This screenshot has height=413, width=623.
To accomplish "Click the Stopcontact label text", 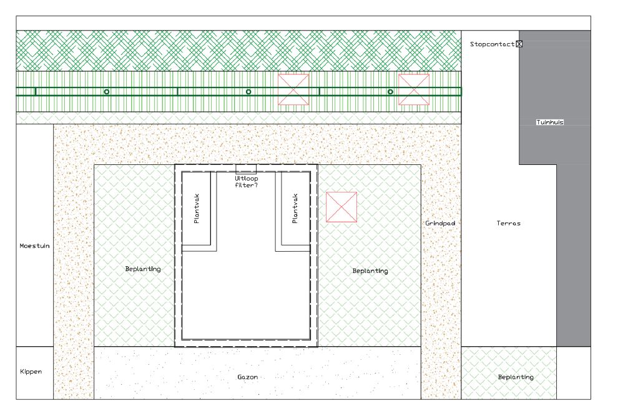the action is click(492, 44).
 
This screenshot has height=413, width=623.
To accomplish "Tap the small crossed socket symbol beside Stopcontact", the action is click(519, 44).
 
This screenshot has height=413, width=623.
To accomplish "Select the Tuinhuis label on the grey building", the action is click(550, 122).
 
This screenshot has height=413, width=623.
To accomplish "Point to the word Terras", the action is click(508, 224).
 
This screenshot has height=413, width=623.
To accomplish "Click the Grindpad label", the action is click(440, 224).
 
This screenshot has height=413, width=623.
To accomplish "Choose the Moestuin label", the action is click(34, 246).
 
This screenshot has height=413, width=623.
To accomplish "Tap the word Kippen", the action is click(31, 372).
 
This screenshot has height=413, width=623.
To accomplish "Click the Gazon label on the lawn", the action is click(248, 377).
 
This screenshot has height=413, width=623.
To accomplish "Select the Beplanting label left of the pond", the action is click(143, 269).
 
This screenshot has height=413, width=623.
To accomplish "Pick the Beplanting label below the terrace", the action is click(516, 377).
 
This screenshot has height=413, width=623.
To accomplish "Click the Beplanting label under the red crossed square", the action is click(370, 271).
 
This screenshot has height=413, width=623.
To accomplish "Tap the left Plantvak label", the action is click(196, 209).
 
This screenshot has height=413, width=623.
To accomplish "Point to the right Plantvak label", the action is click(295, 209).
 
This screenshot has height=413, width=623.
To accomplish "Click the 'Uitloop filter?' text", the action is click(247, 182).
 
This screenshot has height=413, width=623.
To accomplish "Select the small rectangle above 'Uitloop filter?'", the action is click(246, 169).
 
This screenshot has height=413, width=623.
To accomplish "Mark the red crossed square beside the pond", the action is click(341, 207).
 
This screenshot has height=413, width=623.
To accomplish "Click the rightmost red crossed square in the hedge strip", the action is click(414, 90).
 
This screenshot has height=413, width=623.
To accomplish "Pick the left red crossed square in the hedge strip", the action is click(293, 90).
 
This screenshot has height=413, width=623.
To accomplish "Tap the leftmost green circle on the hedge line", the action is click(107, 92).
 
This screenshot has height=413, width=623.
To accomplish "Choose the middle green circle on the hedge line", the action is click(248, 92).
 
